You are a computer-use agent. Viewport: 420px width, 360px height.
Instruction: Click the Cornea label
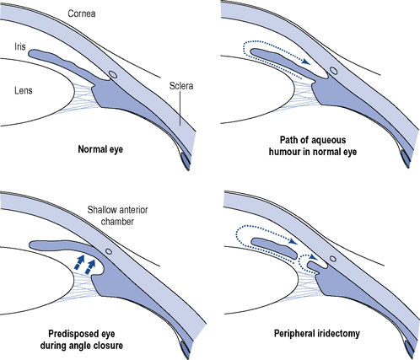(x=82, y=13)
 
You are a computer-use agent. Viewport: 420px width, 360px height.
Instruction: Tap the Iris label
(x=20, y=46)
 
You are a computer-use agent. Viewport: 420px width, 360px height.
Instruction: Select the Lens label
(x=24, y=90)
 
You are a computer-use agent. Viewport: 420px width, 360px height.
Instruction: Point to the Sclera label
(x=181, y=86)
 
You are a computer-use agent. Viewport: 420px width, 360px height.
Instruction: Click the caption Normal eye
(x=100, y=149)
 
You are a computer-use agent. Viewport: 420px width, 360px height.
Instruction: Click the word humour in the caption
(x=285, y=152)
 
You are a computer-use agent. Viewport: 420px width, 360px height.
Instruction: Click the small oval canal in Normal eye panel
(x=113, y=74)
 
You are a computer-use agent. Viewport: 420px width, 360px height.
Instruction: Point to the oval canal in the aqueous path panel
(x=334, y=70)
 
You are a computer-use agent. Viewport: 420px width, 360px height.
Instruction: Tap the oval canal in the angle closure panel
(x=109, y=251)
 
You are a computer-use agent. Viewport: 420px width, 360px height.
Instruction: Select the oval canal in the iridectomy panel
(x=333, y=258)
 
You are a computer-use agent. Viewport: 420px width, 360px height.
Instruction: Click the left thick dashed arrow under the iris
(x=79, y=263)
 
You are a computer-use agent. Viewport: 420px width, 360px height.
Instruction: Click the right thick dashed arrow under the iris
(x=91, y=266)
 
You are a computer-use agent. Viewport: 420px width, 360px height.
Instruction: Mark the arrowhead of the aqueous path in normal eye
(x=307, y=62)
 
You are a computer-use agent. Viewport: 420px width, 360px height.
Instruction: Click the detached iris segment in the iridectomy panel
(x=274, y=248)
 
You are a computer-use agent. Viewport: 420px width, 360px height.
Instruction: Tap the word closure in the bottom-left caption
(x=108, y=346)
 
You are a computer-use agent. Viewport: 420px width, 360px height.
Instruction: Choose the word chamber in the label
(x=117, y=222)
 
